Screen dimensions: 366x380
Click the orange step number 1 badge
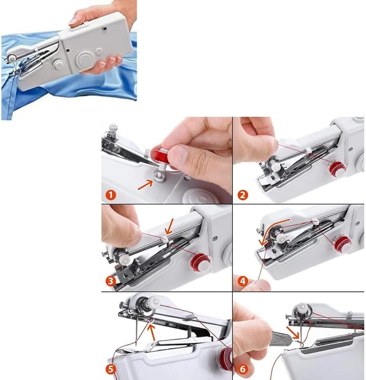111,195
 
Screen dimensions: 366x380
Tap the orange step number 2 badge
243,195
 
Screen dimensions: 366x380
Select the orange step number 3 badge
111,281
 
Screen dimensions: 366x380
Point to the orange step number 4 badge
242,281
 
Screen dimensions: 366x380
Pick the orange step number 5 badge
110,369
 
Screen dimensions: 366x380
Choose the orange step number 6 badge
242,369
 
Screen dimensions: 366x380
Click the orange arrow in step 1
145,185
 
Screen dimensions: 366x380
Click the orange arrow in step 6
293,332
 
